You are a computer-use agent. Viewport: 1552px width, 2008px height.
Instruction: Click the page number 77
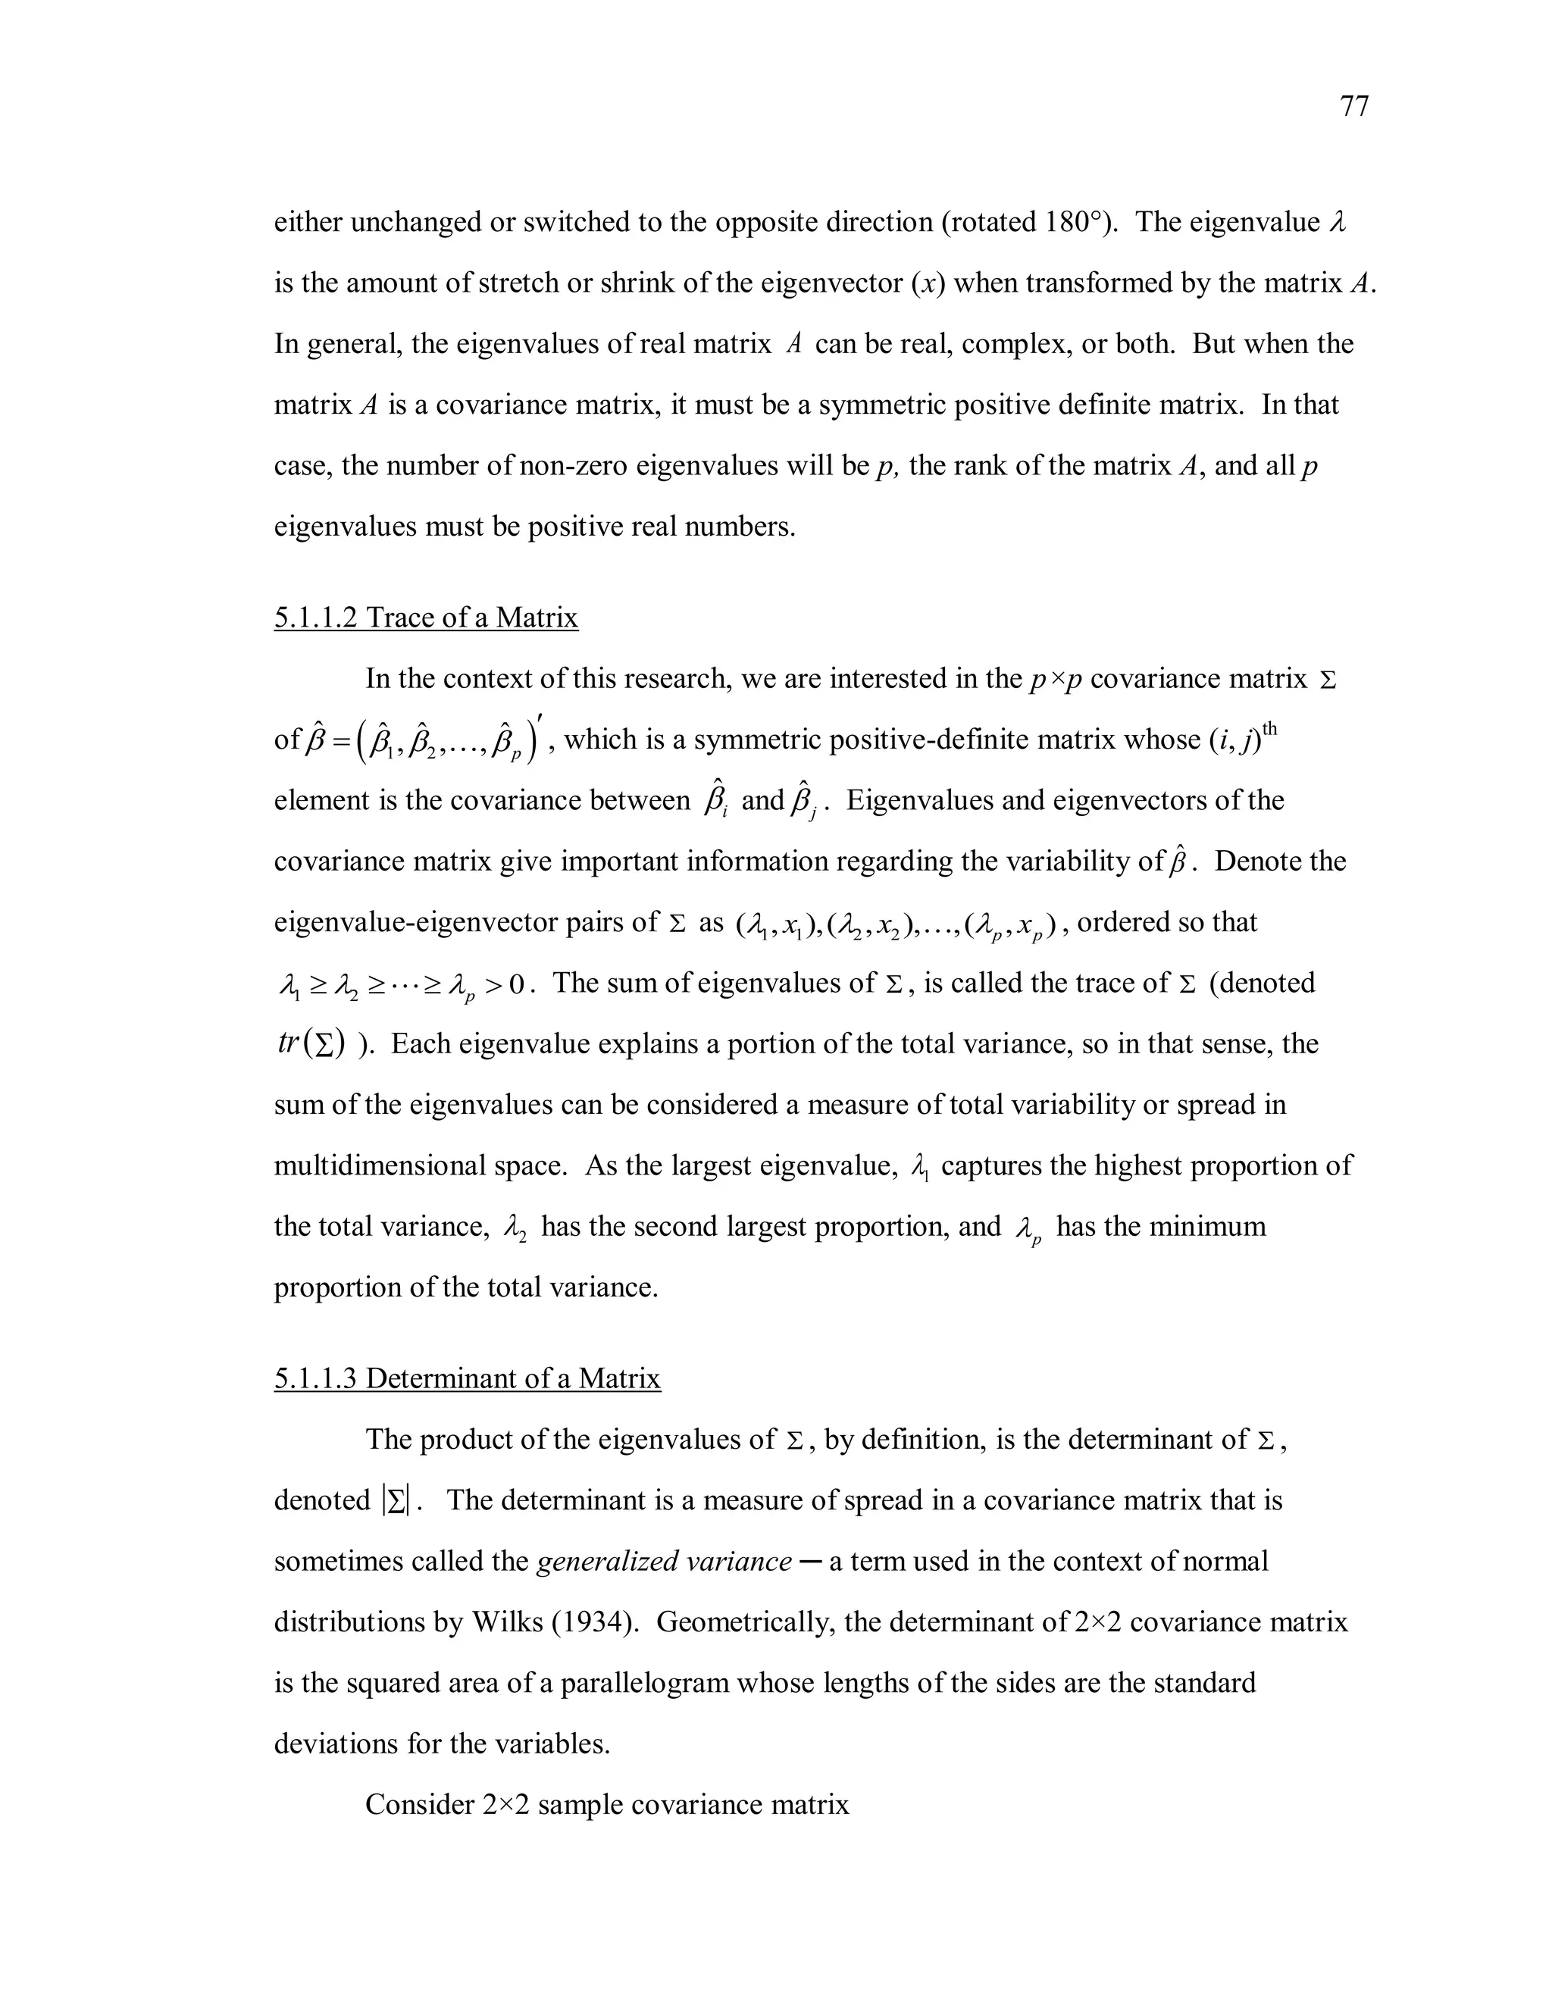(x=1354, y=108)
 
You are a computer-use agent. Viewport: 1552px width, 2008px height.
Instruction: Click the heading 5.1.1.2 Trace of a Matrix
(x=426, y=617)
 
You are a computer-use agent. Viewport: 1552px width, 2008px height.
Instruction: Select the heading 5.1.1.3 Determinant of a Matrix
(x=467, y=1378)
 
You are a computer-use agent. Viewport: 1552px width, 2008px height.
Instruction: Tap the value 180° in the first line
(x=1074, y=223)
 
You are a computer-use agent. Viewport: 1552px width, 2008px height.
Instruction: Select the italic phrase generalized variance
(x=663, y=1561)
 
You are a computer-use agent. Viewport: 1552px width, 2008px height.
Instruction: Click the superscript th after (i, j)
(x=1270, y=729)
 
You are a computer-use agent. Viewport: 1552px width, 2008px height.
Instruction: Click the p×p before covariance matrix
(x=1052, y=680)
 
